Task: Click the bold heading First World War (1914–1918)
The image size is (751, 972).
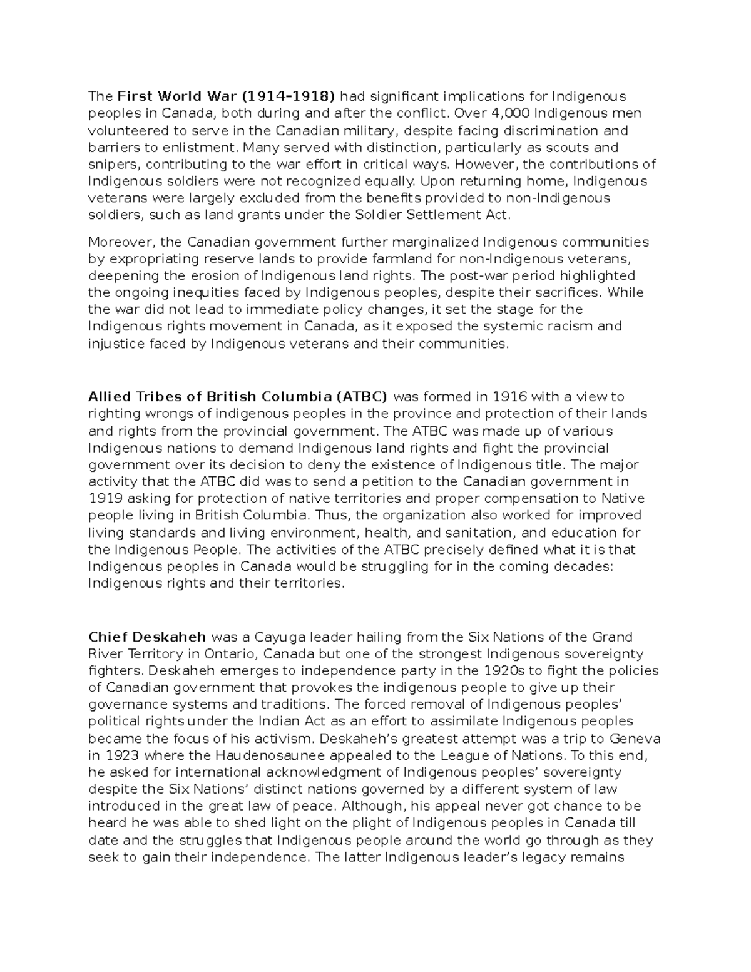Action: (x=226, y=96)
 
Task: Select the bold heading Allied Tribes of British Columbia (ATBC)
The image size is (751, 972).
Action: (x=238, y=397)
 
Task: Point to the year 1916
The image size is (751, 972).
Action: (x=511, y=397)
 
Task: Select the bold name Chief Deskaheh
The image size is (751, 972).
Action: (x=147, y=637)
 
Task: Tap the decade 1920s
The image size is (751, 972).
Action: (x=506, y=671)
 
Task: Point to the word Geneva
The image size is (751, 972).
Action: (x=635, y=739)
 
